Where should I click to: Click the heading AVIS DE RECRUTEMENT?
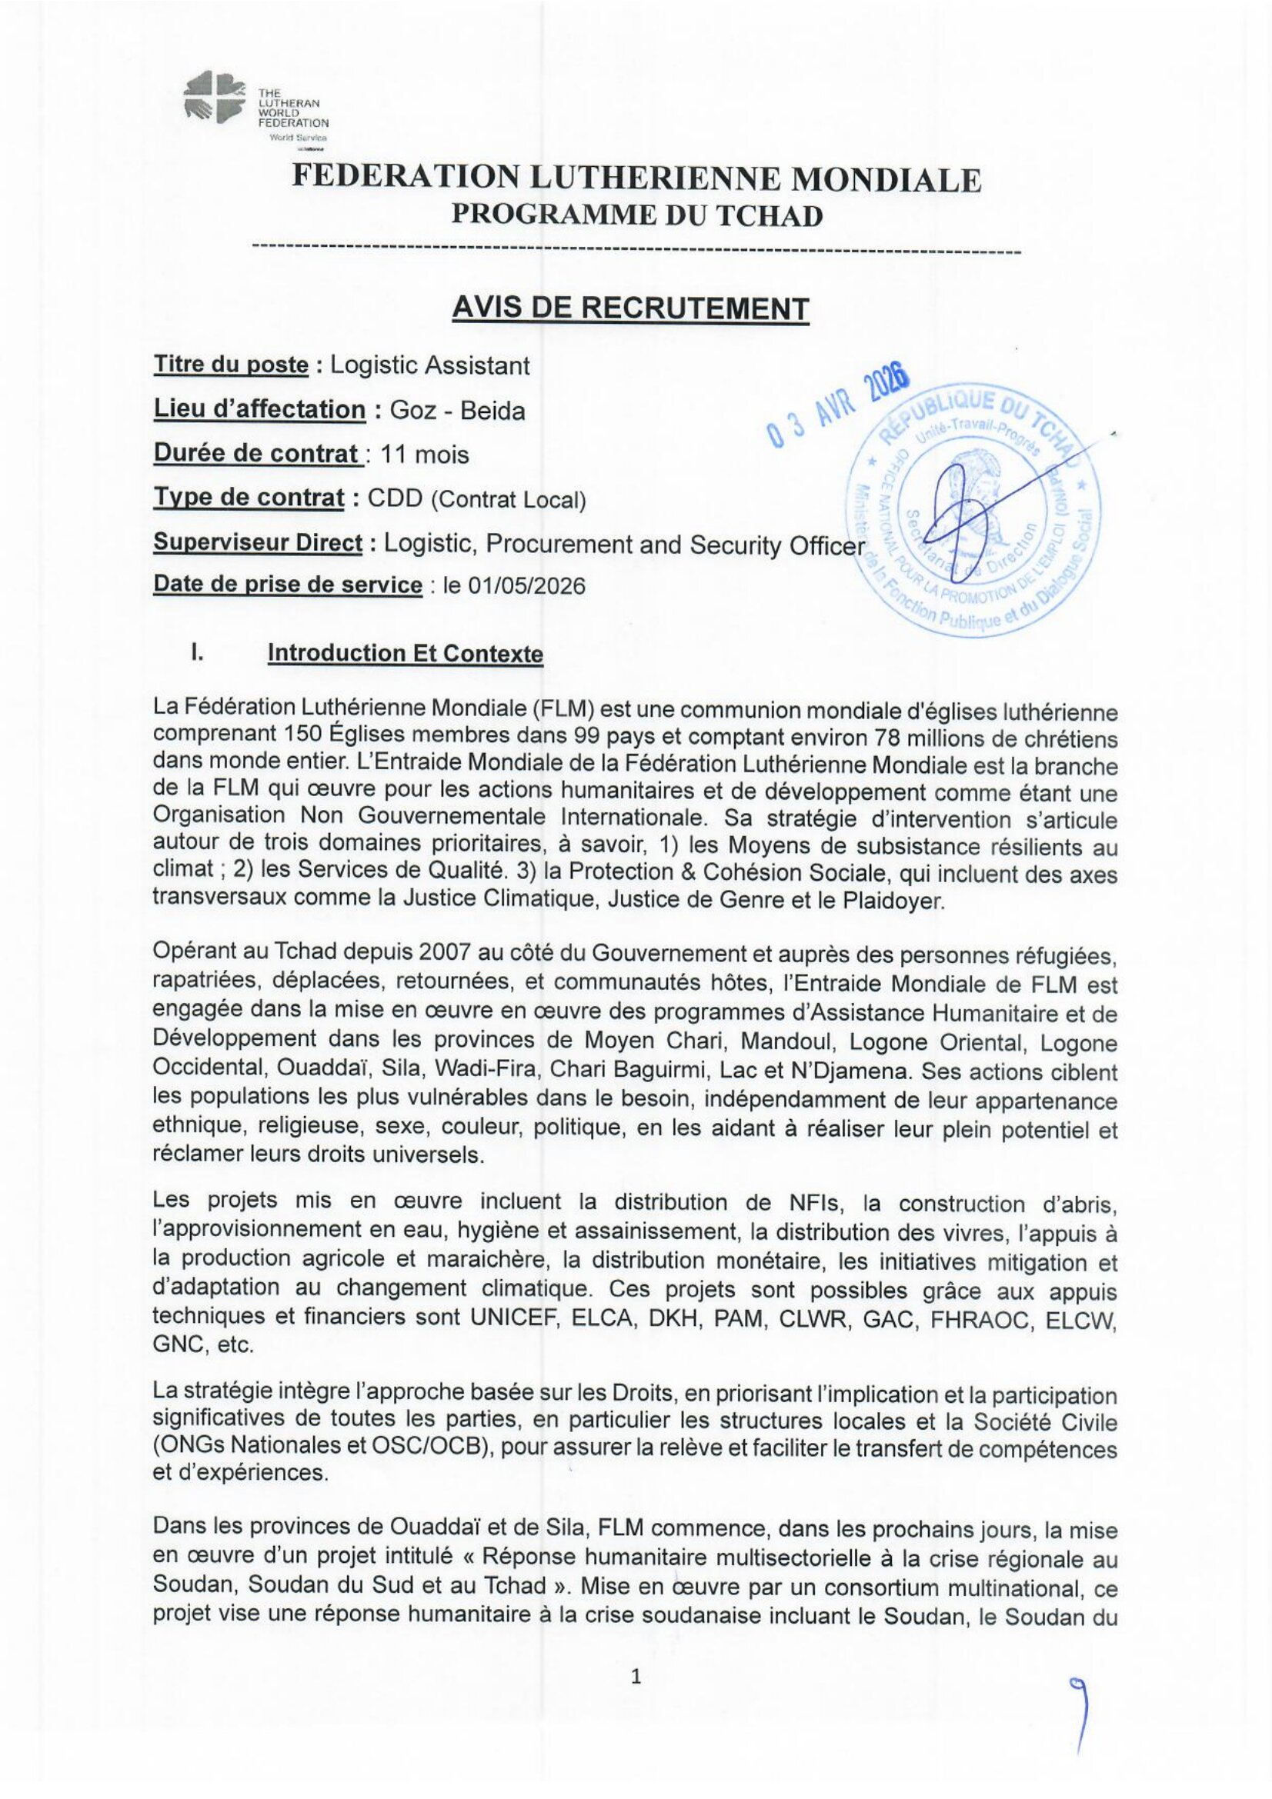(630, 308)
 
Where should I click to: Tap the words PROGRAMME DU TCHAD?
(636, 215)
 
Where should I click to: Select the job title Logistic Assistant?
(429, 365)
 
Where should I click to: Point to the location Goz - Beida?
(458, 411)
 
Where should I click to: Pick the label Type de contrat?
(249, 498)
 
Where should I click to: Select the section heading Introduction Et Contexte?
(406, 653)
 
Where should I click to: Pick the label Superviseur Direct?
(258, 543)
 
